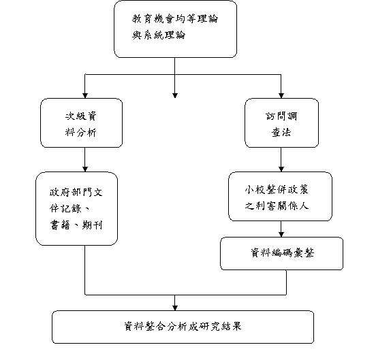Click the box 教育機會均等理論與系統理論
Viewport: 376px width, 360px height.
pyautogui.click(x=175, y=29)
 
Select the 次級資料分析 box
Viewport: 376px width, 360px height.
pyautogui.click(x=81, y=122)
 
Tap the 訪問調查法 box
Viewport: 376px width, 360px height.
pyautogui.click(x=281, y=122)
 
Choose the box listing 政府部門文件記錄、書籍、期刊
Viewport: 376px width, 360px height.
pyautogui.click(x=76, y=208)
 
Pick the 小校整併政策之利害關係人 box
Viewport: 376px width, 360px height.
pyautogui.click(x=280, y=196)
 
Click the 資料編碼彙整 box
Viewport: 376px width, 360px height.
pyautogui.click(x=281, y=253)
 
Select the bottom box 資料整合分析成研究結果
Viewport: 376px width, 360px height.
pyautogui.click(x=183, y=327)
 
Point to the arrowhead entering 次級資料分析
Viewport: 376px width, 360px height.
pyautogui.click(x=85, y=95)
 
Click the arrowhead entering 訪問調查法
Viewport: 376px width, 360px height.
pyautogui.click(x=281, y=95)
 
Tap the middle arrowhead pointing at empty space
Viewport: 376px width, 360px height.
pyautogui.click(x=175, y=95)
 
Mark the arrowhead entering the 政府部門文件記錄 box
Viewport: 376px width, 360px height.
pyautogui.click(x=85, y=169)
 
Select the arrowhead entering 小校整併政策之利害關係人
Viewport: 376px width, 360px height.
pyautogui.click(x=281, y=169)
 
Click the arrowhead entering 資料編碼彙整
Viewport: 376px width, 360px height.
pyautogui.click(x=281, y=235)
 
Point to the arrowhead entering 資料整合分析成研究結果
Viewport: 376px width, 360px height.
pyautogui.click(x=175, y=308)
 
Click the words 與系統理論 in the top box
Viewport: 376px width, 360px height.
pyautogui.click(x=159, y=35)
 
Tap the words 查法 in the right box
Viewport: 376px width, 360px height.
pyautogui.click(x=281, y=132)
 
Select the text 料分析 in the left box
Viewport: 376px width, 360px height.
pyautogui.click(x=81, y=132)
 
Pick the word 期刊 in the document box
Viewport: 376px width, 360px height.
pyautogui.click(x=93, y=225)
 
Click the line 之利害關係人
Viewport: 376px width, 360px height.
pyautogui.click(x=277, y=206)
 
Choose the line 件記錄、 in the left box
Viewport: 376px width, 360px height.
pyautogui.click(x=69, y=208)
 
